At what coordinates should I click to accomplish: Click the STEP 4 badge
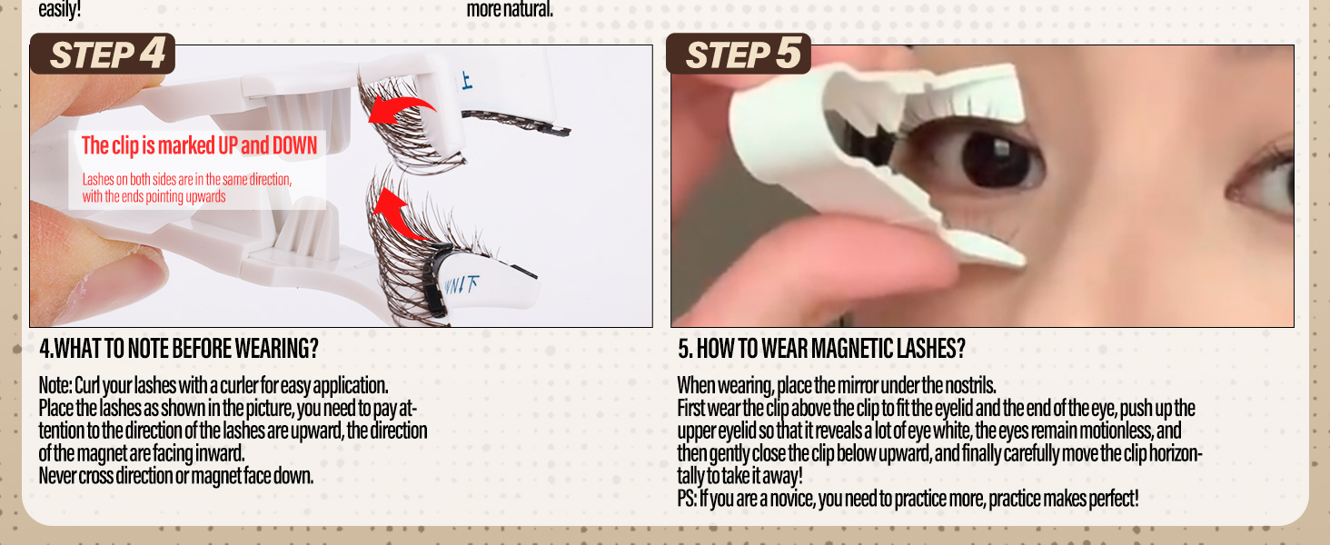pos(103,54)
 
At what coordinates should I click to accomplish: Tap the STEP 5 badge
pos(739,54)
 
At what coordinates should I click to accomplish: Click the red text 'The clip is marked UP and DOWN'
pos(199,145)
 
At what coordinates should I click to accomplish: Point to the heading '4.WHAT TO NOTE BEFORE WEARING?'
pos(179,349)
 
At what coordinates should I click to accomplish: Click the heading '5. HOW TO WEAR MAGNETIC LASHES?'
pos(821,349)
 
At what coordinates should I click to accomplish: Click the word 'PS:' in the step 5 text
pos(687,499)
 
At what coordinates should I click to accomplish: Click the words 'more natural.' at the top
pos(510,10)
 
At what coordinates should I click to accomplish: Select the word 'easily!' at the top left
pos(59,10)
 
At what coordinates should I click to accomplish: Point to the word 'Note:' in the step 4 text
pos(55,385)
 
